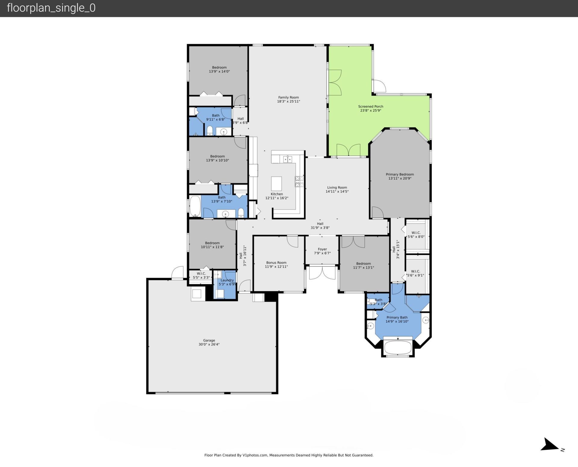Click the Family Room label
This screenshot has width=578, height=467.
click(x=288, y=97)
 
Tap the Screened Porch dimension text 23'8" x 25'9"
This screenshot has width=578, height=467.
click(x=371, y=110)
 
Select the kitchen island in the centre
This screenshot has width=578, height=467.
click(x=276, y=184)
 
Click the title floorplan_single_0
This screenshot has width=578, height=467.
click(x=51, y=8)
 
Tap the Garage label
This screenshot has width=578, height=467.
click(x=209, y=340)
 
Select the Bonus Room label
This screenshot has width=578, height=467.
click(x=276, y=263)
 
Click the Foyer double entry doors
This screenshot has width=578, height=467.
click(x=322, y=273)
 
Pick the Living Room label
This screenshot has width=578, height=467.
click(x=337, y=187)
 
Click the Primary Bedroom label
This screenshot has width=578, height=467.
click(x=400, y=174)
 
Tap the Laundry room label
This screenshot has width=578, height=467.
click(x=227, y=280)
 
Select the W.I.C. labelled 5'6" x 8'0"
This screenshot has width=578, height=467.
click(x=416, y=235)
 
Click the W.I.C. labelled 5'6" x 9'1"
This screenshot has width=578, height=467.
click(x=415, y=273)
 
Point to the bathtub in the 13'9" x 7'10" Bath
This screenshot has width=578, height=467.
click(x=195, y=206)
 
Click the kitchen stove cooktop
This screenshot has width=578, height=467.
click(x=299, y=181)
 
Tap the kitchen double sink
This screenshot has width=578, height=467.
click(x=287, y=159)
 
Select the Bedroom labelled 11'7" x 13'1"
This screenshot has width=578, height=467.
click(x=363, y=265)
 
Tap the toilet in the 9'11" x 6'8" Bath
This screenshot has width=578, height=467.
click(x=210, y=131)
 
